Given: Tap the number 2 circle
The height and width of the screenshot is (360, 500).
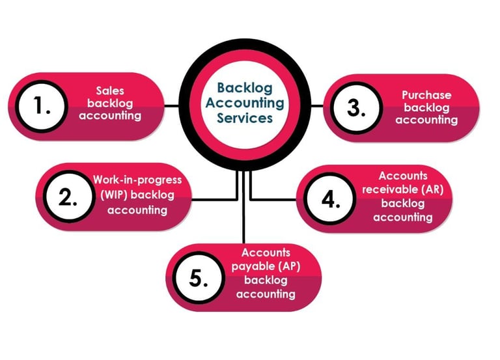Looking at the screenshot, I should coord(68,198).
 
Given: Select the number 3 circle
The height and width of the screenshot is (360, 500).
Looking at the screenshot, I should coord(355,109).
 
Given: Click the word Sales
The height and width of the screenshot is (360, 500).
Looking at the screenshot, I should coord(115,90).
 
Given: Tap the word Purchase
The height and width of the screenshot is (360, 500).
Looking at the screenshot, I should coord(426,95).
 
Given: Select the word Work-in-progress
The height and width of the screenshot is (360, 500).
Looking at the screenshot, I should coord(137,180).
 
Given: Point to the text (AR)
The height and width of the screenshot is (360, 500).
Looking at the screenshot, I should coord(430,189).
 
